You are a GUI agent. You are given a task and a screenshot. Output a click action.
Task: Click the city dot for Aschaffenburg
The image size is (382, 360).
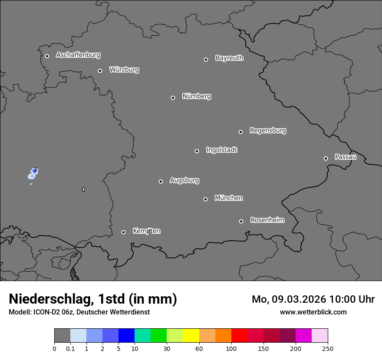tap(47, 56)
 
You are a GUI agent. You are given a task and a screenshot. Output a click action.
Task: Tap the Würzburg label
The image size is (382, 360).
tap(124, 69)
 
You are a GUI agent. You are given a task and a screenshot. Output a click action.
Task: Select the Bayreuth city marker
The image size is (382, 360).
tap(206, 59)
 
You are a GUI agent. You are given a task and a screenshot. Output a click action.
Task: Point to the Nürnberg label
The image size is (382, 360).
tap(197, 96)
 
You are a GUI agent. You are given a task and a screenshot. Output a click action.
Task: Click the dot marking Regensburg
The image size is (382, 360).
tap(240, 132)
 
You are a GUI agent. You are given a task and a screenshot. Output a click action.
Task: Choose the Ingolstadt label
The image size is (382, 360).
tap(222, 150)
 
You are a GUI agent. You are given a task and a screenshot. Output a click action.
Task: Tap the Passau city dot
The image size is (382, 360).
tap(326, 158)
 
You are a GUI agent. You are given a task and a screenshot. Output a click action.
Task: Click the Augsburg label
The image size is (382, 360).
tap(184, 180)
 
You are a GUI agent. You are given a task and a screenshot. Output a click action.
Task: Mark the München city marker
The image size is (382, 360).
tap(205, 199)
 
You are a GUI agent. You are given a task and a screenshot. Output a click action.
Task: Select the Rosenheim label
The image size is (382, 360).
tap(267, 220)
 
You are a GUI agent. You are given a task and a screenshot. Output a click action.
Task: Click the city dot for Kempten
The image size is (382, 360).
tap(123, 232)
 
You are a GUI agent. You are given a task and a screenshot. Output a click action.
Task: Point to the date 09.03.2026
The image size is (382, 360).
tap(299, 299)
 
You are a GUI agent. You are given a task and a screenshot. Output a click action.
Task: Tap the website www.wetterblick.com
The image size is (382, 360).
tap(313, 312)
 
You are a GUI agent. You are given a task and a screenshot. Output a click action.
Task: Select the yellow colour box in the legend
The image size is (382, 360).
tap(191, 336)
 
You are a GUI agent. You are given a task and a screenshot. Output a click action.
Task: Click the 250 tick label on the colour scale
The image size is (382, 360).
tap(328, 348)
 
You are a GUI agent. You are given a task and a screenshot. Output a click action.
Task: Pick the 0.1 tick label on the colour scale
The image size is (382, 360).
tap(70, 348)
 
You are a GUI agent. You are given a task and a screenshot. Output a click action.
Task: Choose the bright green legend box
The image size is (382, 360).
tap(159, 336)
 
